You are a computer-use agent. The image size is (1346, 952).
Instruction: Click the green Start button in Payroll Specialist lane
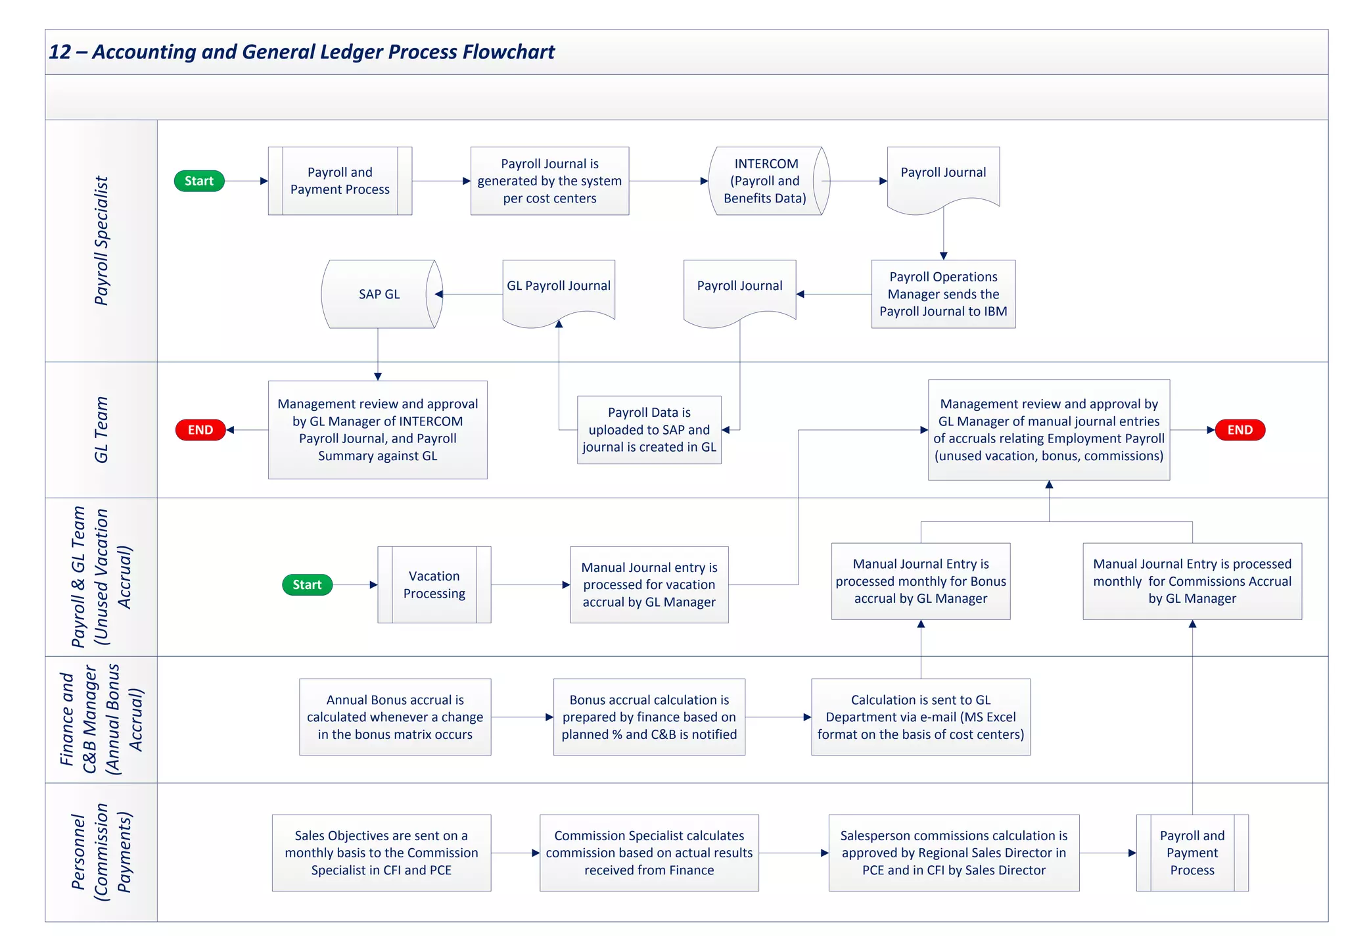click(x=199, y=181)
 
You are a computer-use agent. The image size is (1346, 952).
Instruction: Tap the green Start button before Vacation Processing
click(x=307, y=584)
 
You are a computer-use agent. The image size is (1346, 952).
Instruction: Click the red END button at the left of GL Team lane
click(x=200, y=430)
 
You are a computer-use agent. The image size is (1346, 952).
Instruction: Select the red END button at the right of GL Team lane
click(x=1240, y=430)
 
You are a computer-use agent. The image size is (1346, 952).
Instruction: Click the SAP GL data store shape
click(x=379, y=294)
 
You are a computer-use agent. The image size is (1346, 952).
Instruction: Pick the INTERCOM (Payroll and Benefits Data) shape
click(x=766, y=181)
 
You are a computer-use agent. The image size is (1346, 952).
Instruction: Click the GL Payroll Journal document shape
click(x=559, y=289)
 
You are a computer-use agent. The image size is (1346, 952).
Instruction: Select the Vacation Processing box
click(x=434, y=584)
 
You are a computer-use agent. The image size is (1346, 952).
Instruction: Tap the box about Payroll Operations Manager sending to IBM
click(x=943, y=294)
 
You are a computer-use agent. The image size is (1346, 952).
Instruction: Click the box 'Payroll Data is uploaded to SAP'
click(x=649, y=430)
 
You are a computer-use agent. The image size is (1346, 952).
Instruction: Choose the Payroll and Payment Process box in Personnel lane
click(x=1192, y=853)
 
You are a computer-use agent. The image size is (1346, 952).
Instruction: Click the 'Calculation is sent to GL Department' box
click(x=920, y=717)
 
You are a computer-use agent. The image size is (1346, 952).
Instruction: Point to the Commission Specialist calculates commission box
click(x=649, y=853)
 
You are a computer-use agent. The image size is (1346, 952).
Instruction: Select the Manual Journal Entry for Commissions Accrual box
click(x=1192, y=581)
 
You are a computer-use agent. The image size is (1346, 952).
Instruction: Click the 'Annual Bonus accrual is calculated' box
click(x=394, y=717)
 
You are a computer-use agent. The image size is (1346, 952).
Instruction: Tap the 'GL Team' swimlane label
click(x=101, y=430)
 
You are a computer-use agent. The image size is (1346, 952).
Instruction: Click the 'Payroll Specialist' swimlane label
click(x=101, y=241)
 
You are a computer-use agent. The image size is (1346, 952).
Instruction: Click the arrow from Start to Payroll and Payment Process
click(x=246, y=181)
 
